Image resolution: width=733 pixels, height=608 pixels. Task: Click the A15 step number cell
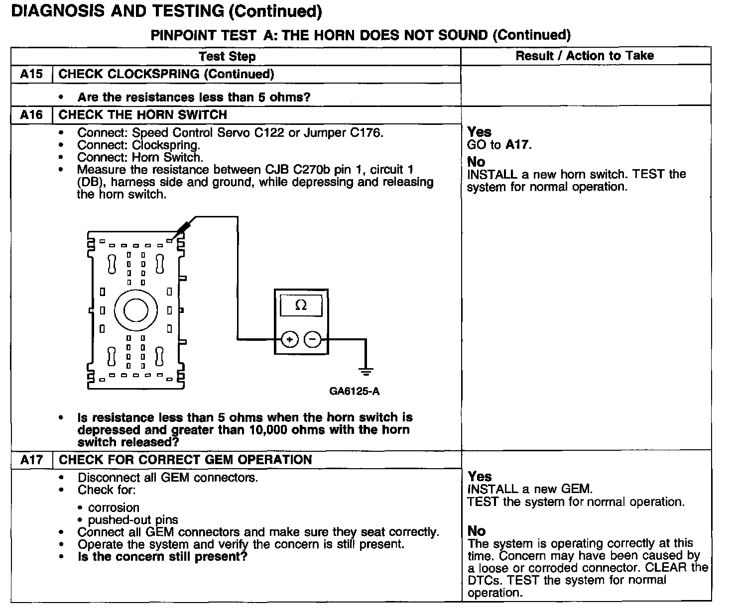click(31, 75)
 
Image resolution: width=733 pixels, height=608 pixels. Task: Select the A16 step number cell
click(31, 115)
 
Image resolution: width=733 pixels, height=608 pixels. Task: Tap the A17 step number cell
click(31, 460)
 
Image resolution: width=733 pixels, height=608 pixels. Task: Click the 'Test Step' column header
click(227, 56)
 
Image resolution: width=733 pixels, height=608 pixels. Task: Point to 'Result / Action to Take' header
click(585, 56)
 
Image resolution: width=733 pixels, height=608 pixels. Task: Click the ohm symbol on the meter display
click(301, 305)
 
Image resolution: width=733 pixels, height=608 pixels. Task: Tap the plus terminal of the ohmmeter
click(289, 340)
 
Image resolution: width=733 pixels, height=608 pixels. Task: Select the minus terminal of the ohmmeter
click(312, 340)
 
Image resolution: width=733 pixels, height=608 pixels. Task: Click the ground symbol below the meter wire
click(366, 371)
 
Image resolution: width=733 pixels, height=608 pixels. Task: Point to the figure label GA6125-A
click(354, 391)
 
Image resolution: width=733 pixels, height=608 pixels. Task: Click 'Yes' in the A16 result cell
click(479, 132)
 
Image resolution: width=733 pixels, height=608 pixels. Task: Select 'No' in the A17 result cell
click(477, 531)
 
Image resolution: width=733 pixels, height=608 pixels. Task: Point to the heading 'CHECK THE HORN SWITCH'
click(142, 115)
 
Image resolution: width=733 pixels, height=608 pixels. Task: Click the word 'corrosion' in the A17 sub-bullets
click(114, 507)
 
